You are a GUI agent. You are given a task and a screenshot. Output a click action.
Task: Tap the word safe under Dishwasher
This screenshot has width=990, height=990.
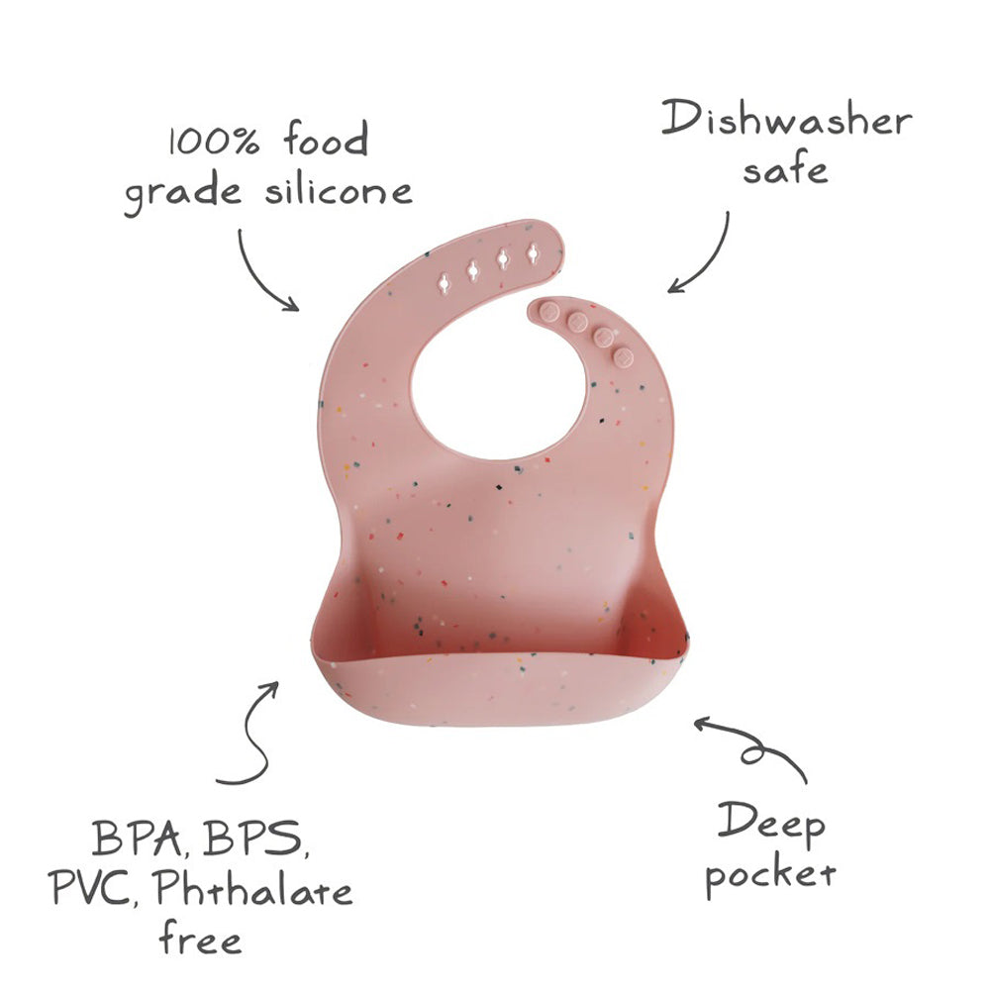click(785, 171)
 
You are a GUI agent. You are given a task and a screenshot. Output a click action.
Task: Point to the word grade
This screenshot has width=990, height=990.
click(184, 194)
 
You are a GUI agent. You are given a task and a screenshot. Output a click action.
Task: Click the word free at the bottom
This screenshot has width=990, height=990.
click(199, 938)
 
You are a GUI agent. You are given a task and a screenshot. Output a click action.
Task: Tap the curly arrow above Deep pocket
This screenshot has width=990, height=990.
click(752, 746)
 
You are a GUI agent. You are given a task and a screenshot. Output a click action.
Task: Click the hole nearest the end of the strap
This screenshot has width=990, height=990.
click(534, 255)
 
